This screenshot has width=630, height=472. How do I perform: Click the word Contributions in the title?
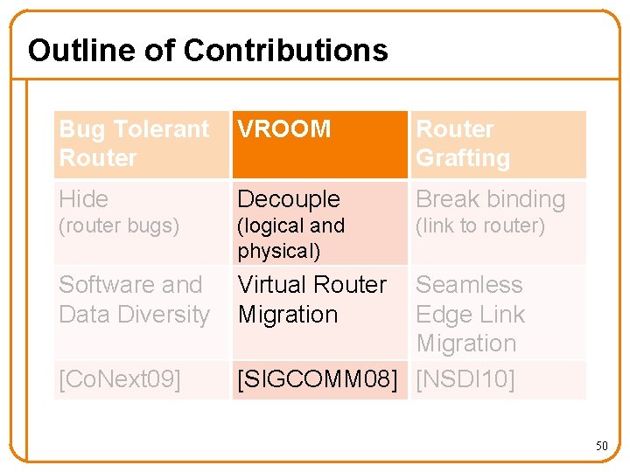point(285,50)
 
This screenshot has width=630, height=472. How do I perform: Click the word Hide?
point(83,199)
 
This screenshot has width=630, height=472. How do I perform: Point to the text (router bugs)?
point(118,226)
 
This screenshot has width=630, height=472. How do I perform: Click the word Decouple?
point(288,199)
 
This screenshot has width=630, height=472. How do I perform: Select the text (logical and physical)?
point(290,238)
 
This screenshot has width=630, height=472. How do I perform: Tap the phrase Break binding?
point(490,199)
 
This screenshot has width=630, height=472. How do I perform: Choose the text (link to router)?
point(479,226)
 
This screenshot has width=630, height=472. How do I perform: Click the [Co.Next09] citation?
point(119,380)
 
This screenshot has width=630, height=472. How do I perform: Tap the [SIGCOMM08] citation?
point(317,380)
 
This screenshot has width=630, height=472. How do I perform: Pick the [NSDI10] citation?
point(465,380)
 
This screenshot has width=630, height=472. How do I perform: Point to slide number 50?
point(601,446)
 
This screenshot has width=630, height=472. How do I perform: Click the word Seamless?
point(469,285)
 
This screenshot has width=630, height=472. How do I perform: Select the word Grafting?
point(463,158)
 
